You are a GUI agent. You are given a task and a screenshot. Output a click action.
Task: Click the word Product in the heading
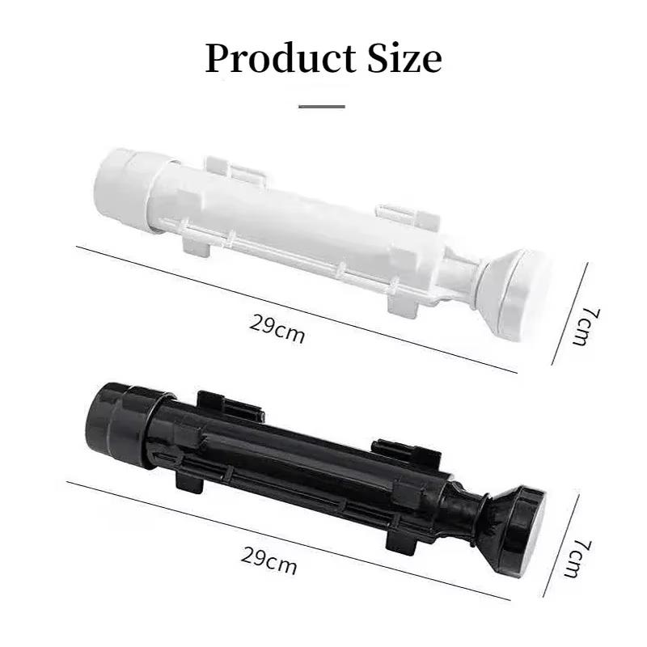[x=281, y=58]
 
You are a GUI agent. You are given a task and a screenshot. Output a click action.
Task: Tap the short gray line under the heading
[x=322, y=107]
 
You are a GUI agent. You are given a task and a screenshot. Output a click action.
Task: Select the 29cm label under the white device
[x=277, y=329]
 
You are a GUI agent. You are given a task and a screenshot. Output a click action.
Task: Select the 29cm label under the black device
[x=269, y=560]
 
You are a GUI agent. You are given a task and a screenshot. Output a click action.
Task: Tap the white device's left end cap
[x=126, y=183]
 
